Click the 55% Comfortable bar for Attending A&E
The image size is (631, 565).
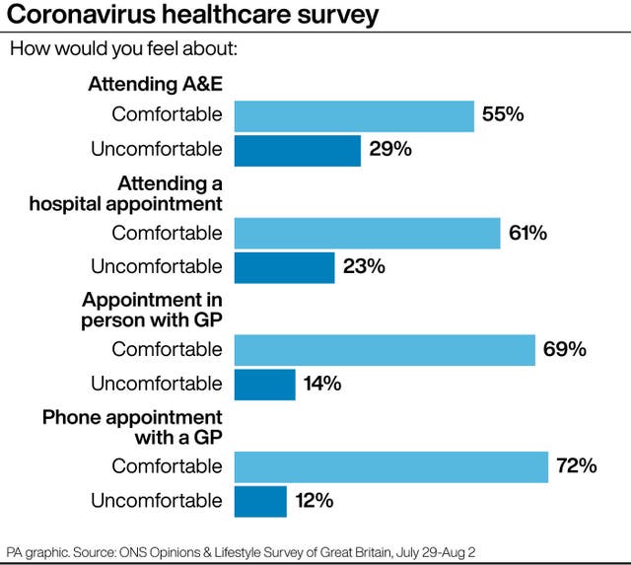(x=354, y=116)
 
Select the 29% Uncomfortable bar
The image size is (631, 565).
(x=298, y=151)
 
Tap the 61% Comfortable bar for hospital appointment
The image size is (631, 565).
(x=368, y=234)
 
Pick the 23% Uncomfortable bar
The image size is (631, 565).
(x=285, y=268)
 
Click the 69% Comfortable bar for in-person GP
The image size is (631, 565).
(x=385, y=350)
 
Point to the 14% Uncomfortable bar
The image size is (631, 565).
(x=265, y=385)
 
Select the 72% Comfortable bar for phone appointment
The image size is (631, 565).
(x=391, y=467)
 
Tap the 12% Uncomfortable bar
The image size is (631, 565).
(x=260, y=502)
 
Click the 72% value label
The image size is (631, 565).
(x=577, y=466)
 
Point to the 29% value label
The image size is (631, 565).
(x=390, y=149)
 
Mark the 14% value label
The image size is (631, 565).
(x=322, y=384)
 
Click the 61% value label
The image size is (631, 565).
(x=527, y=233)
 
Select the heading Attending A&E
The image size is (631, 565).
(x=156, y=84)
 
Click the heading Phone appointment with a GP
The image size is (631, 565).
(x=132, y=427)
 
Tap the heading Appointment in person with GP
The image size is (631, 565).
(x=152, y=311)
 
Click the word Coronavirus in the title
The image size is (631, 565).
(x=81, y=14)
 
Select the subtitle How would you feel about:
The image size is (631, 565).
(x=123, y=48)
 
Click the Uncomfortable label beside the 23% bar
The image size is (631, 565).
(x=157, y=267)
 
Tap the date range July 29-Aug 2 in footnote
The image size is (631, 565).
(x=436, y=552)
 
